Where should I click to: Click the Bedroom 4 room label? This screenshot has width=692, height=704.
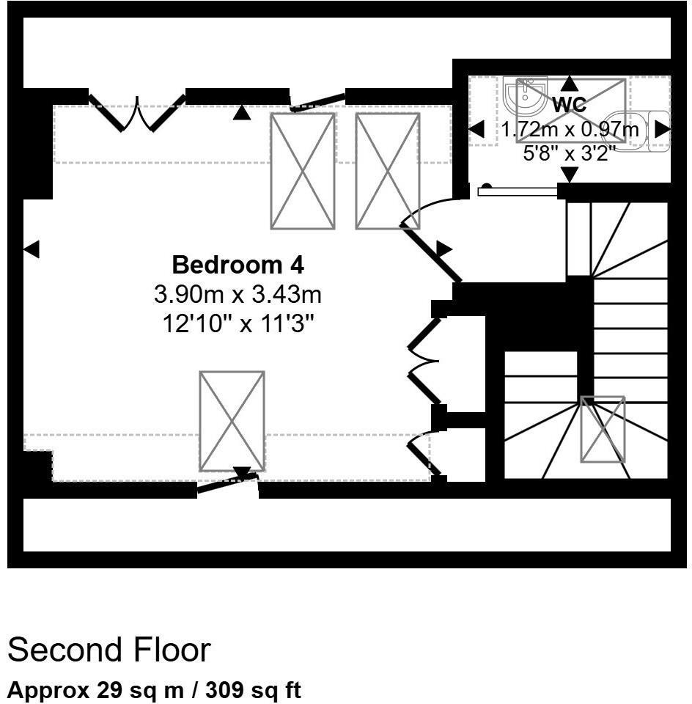(238, 264)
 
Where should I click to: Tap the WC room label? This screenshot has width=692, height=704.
(569, 104)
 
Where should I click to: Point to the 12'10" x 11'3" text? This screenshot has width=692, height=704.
(238, 323)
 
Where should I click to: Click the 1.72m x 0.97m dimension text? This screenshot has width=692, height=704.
(570, 130)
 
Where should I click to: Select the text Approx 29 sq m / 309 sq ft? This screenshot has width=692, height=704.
(154, 690)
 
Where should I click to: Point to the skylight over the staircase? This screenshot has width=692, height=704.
(603, 429)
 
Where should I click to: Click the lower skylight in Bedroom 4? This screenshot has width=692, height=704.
(232, 421)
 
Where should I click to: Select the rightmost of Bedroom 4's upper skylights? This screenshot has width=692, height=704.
(387, 171)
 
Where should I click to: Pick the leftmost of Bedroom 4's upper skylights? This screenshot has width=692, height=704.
(303, 171)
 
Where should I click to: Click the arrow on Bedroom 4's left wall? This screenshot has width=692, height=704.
(31, 249)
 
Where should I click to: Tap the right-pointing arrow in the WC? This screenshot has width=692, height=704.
(661, 129)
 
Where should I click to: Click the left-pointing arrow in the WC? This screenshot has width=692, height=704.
(476, 130)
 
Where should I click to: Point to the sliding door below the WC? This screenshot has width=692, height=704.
(518, 191)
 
